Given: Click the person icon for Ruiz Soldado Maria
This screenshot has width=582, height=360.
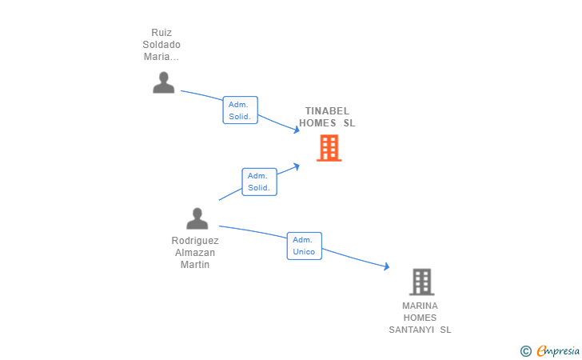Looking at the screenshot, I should point(163,82).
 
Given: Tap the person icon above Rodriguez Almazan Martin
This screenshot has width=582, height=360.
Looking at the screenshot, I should point(197,218).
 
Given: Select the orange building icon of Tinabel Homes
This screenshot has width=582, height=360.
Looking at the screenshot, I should point(329,148).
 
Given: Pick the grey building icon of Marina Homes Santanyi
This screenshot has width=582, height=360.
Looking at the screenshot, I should point(421,282).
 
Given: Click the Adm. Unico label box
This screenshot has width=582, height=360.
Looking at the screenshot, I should point(304,246).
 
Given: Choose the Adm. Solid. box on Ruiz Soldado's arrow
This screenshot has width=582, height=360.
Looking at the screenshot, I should point(240,110).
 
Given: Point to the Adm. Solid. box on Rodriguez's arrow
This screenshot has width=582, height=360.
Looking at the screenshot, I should point(259,182).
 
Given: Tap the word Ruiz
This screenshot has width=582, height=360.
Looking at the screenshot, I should point(161,33).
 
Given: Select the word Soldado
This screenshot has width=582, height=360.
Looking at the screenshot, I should point(161,45).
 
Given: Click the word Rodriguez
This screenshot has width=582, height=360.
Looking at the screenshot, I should point(195,241).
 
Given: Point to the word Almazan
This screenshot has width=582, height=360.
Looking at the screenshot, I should point(195,253).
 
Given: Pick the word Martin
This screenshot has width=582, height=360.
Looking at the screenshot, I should point(195,265).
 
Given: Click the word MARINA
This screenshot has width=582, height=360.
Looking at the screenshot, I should point(421,306).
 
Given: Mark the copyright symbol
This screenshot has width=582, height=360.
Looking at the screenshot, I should point(525,350).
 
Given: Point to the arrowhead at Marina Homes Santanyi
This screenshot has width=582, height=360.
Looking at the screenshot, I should point(386,267).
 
